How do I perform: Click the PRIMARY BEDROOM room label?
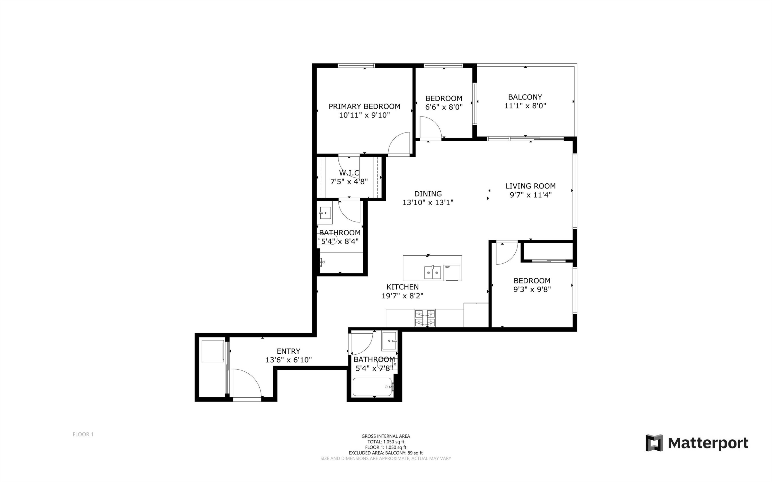tap(364, 106)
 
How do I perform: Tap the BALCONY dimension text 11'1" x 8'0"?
tap(525, 106)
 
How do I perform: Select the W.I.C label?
tap(349, 173)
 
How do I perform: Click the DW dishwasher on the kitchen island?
tap(452, 273)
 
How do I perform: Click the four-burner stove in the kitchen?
tap(425, 318)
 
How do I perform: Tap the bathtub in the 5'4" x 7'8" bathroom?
tap(372, 387)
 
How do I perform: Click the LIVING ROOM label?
tap(530, 186)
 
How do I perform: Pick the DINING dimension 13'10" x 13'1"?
tap(428, 202)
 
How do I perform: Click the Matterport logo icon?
tap(654, 443)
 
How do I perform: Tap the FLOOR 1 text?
tap(83, 434)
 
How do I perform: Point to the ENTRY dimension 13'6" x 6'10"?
tap(288, 360)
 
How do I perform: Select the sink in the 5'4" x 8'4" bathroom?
tap(325, 213)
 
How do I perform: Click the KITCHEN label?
tap(402, 287)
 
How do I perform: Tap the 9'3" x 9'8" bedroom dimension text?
tap(532, 289)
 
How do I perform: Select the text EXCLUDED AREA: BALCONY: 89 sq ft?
tap(385, 453)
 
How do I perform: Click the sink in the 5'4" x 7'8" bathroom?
tap(389, 341)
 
